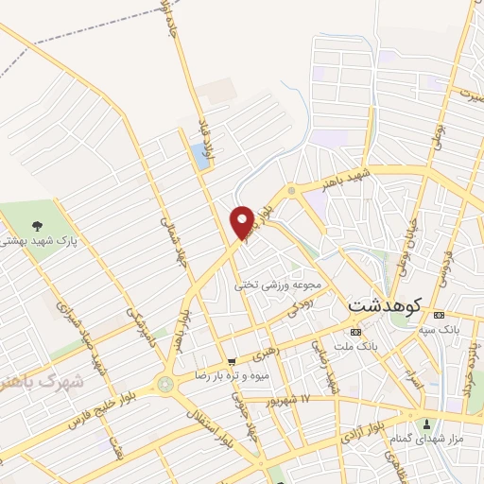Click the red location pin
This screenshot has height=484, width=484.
[243, 221]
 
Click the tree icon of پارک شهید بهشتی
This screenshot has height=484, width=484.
[37, 225]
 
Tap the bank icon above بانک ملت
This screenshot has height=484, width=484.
[355, 332]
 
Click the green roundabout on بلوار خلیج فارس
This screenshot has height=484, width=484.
[167, 385]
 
